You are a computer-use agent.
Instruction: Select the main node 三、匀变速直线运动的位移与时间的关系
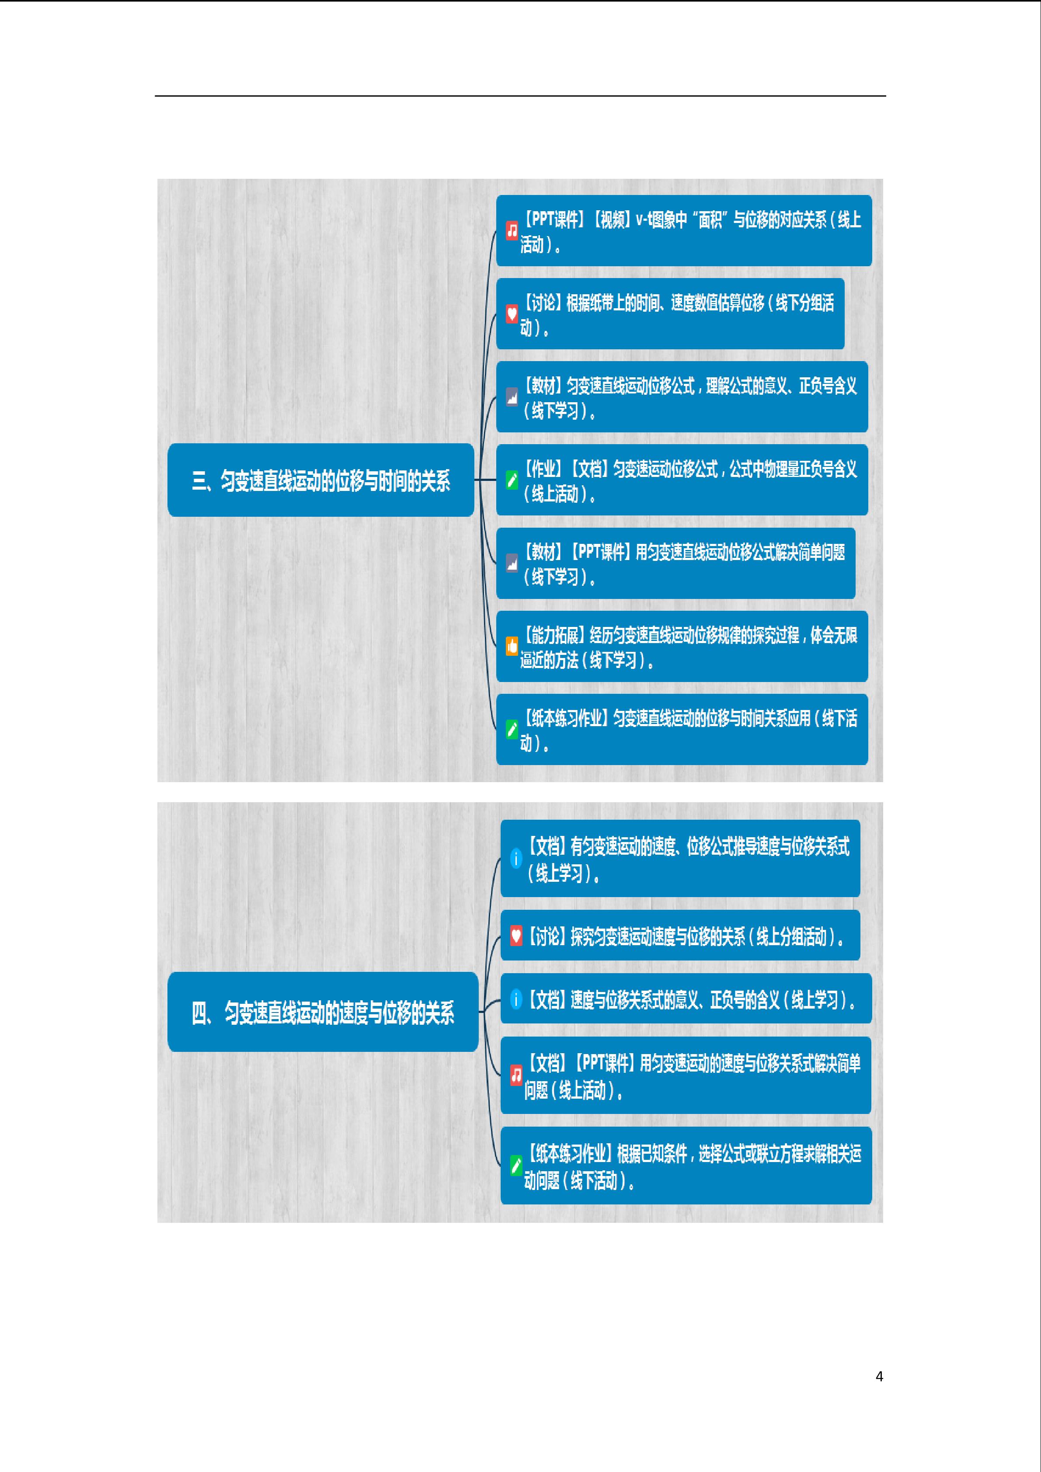pyautogui.click(x=320, y=480)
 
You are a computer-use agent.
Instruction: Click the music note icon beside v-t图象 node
pyautogui.click(x=512, y=231)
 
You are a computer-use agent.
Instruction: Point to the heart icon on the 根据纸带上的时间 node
pyautogui.click(x=512, y=314)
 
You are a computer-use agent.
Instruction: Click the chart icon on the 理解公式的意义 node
pyautogui.click(x=512, y=397)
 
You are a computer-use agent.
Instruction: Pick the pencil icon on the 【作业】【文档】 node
pyautogui.click(x=512, y=480)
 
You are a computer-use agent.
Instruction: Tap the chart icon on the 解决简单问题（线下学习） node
pyautogui.click(x=512, y=564)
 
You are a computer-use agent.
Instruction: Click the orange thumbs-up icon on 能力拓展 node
pyautogui.click(x=512, y=646)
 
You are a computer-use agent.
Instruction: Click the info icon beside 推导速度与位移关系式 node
pyautogui.click(x=516, y=858)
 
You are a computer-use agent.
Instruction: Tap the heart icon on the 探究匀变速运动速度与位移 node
pyautogui.click(x=516, y=936)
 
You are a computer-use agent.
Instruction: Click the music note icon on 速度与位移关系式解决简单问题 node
pyautogui.click(x=516, y=1075)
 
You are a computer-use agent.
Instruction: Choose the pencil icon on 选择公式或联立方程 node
pyautogui.click(x=516, y=1166)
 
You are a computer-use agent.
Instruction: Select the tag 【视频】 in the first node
pyautogui.click(x=610, y=220)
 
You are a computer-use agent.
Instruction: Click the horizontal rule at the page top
pyautogui.click(x=520, y=96)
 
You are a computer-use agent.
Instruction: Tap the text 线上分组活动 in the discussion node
pyautogui.click(x=792, y=937)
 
